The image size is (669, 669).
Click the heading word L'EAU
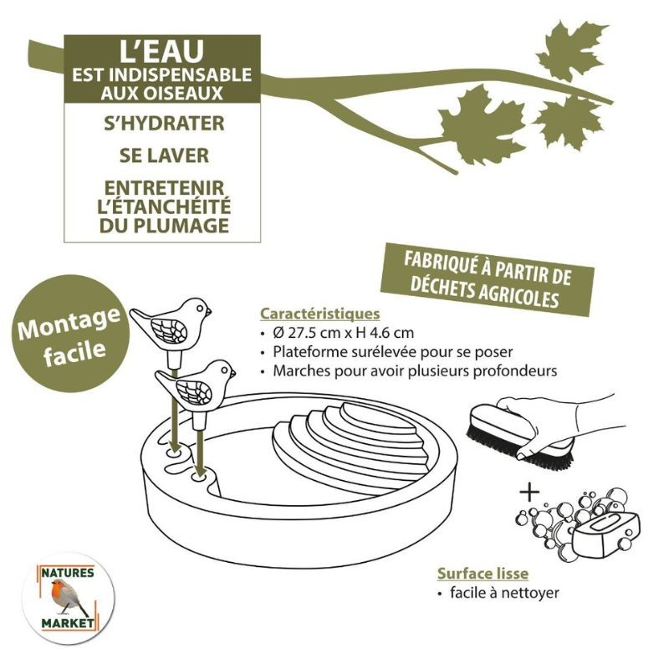point(160,53)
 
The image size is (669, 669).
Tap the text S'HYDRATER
point(160,124)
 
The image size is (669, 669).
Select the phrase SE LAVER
point(160,156)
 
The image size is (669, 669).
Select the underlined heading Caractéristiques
point(320,314)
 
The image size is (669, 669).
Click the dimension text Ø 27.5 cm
point(309,333)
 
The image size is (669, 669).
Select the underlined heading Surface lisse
point(483,574)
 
